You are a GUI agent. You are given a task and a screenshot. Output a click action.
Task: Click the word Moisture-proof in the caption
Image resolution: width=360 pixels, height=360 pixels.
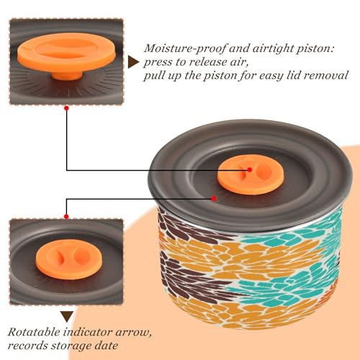(x=185, y=49)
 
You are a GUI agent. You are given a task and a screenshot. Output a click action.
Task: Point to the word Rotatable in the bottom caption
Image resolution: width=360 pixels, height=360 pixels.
(x=34, y=332)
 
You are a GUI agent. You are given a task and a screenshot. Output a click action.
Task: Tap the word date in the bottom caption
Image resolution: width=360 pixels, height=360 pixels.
(x=107, y=346)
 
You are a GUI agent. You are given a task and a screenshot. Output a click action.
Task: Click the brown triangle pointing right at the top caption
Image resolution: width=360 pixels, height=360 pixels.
(x=133, y=62)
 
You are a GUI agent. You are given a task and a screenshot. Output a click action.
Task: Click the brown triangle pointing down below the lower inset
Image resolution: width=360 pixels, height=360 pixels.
(x=67, y=316)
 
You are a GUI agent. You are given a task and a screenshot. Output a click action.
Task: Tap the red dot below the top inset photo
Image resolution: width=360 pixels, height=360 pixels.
(x=67, y=108)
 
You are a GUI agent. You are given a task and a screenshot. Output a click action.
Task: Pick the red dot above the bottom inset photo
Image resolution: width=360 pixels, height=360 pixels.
(x=66, y=217)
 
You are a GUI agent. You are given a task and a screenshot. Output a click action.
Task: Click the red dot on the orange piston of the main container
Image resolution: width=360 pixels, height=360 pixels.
(x=250, y=170)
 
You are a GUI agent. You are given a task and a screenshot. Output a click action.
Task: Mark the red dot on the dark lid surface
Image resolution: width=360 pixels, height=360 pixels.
(x=214, y=199)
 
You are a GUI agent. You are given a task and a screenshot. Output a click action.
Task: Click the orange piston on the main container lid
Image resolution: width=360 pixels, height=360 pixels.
(x=251, y=176)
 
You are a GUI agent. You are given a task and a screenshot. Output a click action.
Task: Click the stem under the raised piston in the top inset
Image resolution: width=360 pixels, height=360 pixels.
(x=67, y=76)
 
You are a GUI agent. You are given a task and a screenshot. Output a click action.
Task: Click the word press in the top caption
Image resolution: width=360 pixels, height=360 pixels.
(x=157, y=63)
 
